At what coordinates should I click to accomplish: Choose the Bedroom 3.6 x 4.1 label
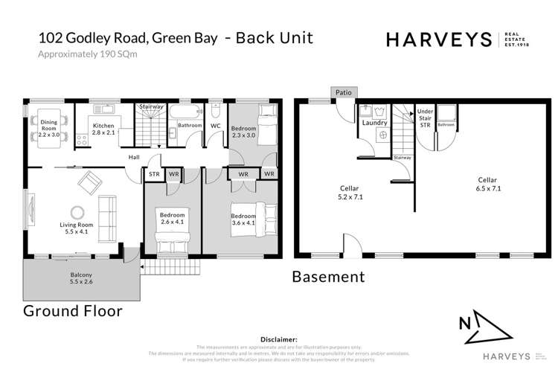243,219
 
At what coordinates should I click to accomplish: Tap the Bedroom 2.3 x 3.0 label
243,130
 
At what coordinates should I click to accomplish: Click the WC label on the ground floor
214,126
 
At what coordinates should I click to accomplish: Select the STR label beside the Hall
154,175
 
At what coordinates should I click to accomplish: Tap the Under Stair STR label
426,118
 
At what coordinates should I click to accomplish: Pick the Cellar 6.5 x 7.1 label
488,184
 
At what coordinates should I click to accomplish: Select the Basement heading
328,278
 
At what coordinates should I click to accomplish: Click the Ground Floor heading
73,310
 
